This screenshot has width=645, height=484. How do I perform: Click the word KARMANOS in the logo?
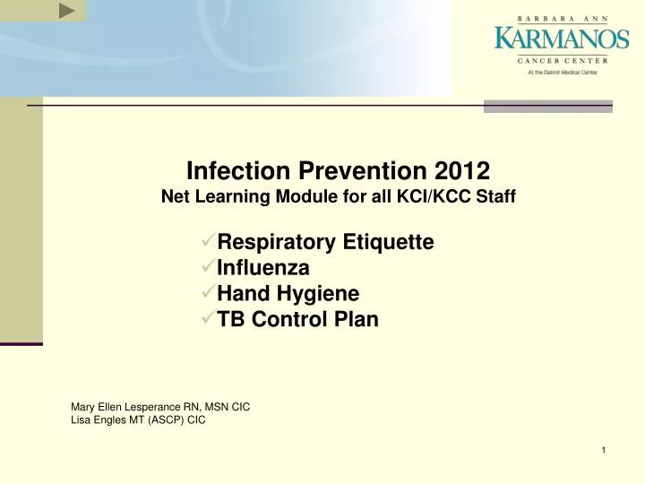point(562,39)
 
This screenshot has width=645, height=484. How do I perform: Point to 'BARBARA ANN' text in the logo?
point(562,18)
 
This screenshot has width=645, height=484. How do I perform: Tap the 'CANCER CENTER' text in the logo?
point(562,60)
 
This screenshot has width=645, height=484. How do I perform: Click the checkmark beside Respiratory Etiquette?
point(208,241)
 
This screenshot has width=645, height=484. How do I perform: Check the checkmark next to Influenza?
point(208,267)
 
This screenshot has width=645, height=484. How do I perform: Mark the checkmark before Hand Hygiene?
point(208,293)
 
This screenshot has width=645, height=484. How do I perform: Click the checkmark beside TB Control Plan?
point(208,319)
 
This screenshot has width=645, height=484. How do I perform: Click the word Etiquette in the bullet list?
point(389,242)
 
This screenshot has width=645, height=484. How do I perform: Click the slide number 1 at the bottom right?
point(604,449)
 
